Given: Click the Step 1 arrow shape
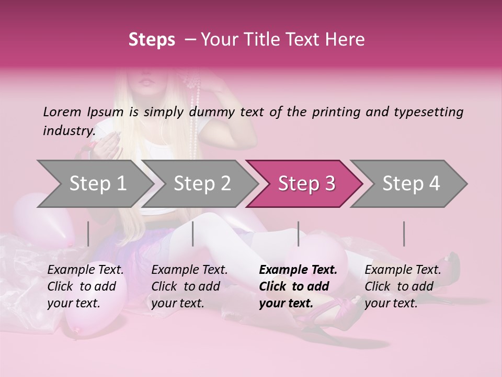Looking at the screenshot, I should coord(94,184).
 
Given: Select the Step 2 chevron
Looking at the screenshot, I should coord(202,184).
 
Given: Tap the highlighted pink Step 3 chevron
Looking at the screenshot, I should coord(306,184).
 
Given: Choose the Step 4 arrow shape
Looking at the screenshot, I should coord(410,184).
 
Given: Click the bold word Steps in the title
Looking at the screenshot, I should coord(152,39).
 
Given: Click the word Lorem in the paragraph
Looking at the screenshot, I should coord(62,112).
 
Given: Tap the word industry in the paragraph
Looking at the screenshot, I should coord(69,130).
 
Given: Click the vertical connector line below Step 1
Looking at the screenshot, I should coord(88,234).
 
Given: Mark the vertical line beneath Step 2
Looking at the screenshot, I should coord(193,234).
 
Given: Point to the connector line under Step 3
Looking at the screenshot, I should coord(299,234).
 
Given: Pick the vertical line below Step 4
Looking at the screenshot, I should coord(404,234).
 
